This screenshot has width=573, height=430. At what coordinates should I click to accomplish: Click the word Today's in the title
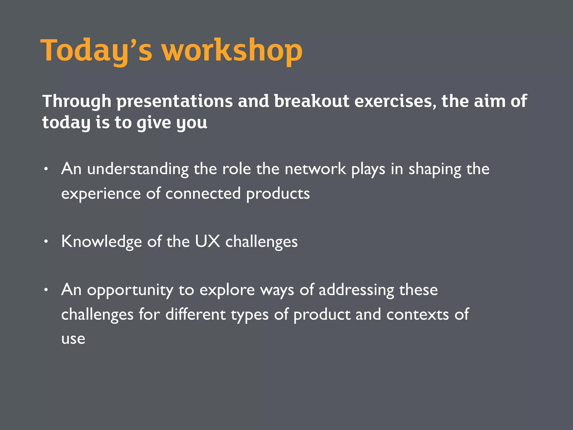click(x=97, y=50)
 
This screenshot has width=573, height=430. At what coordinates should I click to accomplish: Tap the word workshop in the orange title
click(x=232, y=50)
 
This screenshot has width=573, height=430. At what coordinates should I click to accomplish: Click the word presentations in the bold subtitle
click(x=175, y=101)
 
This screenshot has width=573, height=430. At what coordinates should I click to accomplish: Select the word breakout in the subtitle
click(x=311, y=101)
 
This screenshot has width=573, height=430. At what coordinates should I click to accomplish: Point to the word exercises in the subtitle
click(x=395, y=101)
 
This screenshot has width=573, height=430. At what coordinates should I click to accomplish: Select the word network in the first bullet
click(x=315, y=169)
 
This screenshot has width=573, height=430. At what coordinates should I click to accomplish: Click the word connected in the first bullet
click(x=203, y=194)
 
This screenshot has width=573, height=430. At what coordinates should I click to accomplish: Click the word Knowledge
click(x=101, y=242)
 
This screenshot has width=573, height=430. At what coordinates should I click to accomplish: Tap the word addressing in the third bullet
click(x=356, y=290)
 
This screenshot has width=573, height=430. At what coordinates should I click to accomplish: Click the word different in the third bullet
click(x=195, y=314)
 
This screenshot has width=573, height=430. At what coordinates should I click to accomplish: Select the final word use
click(x=73, y=339)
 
